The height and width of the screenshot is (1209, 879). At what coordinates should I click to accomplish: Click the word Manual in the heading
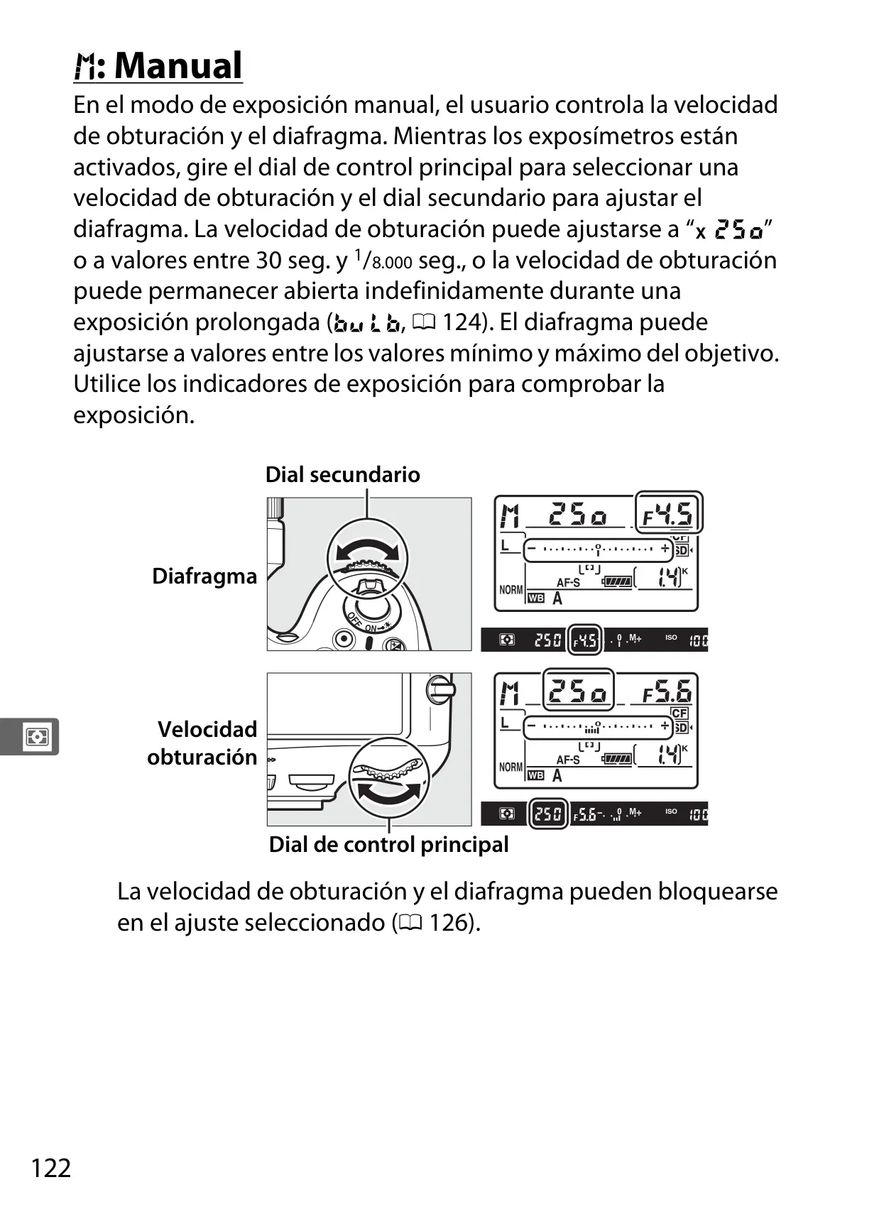(178, 66)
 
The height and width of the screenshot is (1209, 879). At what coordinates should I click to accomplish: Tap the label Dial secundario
(343, 475)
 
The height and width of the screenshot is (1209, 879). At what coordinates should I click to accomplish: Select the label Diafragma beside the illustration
(204, 576)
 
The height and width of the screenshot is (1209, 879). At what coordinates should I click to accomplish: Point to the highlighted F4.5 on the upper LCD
(669, 513)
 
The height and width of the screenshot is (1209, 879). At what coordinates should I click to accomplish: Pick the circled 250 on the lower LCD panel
(578, 690)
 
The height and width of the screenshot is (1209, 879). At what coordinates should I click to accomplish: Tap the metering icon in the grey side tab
(37, 736)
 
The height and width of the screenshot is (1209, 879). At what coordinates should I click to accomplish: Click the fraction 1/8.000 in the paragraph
(384, 260)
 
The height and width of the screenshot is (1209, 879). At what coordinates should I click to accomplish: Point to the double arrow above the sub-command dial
(367, 551)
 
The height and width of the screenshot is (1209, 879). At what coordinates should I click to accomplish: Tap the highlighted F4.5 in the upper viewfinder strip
(585, 640)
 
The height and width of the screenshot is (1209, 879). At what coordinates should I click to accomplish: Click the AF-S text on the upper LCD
(568, 582)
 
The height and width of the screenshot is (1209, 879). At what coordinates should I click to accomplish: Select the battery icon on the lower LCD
(616, 758)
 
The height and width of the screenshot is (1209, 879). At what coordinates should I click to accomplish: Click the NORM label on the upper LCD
(511, 590)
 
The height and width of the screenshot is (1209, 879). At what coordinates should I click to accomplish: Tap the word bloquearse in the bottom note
(718, 891)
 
